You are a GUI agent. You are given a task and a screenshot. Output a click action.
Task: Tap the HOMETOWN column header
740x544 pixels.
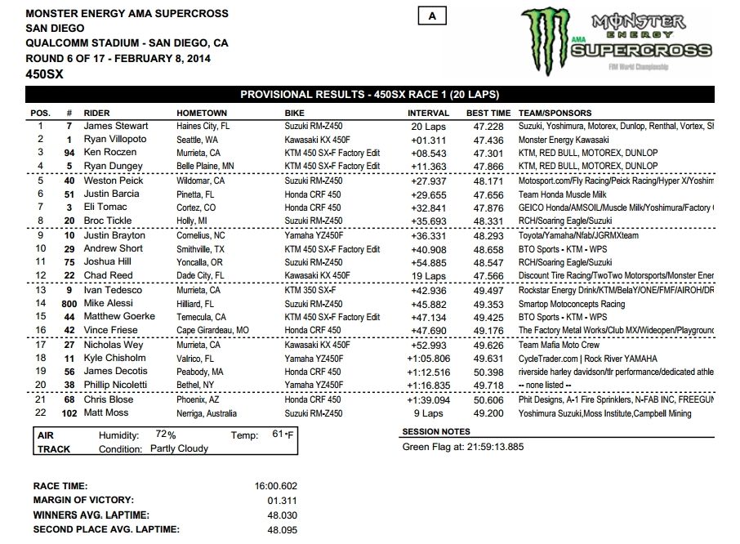pos(202,113)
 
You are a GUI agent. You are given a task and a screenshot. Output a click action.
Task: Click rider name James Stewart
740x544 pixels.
pos(117,127)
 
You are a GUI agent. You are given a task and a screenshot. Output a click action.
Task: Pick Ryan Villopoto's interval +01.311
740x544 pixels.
pos(429,140)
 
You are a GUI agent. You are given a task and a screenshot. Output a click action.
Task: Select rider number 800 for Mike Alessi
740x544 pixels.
pos(69,304)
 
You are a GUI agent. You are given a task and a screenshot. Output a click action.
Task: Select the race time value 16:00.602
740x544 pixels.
pos(275,486)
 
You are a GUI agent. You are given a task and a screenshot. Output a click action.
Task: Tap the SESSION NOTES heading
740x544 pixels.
pos(436,431)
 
